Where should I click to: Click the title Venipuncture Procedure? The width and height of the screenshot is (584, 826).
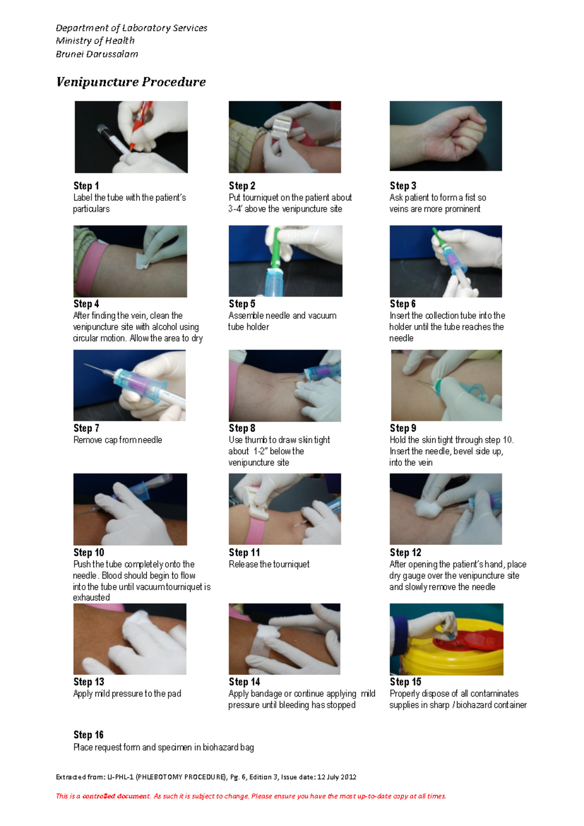(x=130, y=82)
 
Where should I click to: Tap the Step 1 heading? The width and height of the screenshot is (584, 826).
(x=86, y=186)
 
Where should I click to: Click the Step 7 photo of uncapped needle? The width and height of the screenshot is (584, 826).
(x=129, y=385)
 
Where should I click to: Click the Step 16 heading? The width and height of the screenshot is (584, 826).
(x=89, y=734)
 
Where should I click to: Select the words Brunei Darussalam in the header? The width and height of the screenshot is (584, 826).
(x=97, y=54)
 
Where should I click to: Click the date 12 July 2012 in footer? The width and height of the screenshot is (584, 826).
(x=337, y=777)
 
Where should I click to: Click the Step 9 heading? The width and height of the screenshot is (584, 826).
(x=403, y=428)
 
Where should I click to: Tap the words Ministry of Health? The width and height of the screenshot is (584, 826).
(x=95, y=41)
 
